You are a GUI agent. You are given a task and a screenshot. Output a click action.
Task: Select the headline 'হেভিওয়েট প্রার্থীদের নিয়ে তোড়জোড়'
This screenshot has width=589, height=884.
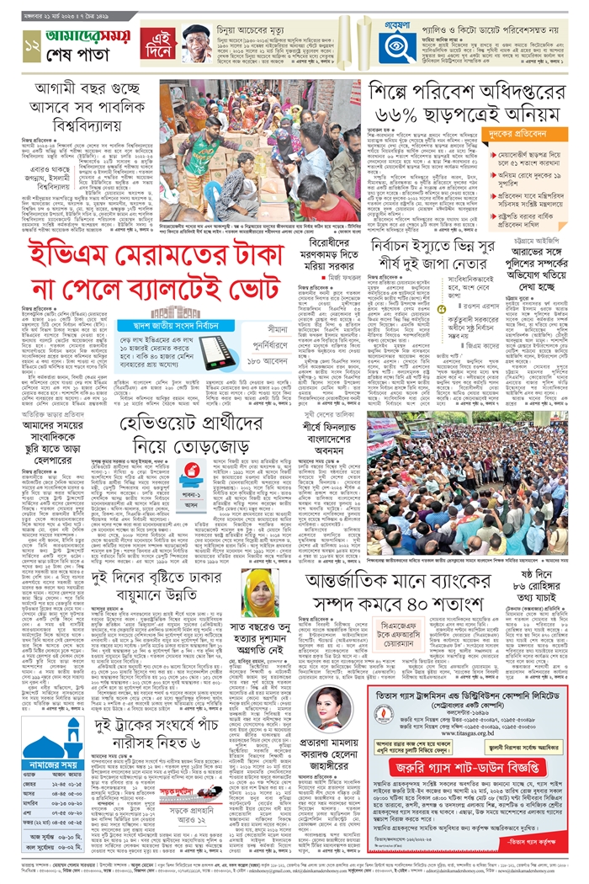pos(232,434)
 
